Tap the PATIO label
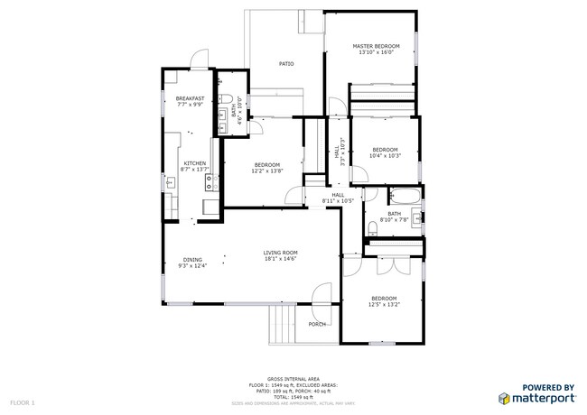click(286, 64)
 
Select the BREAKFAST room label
click(190, 98)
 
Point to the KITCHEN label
click(194, 163)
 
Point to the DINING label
click(193, 259)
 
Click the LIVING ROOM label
click(280, 253)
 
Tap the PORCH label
click(317, 324)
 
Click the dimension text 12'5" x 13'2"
click(383, 304)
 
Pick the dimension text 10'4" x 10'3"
click(385, 155)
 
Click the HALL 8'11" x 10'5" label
click(338, 198)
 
